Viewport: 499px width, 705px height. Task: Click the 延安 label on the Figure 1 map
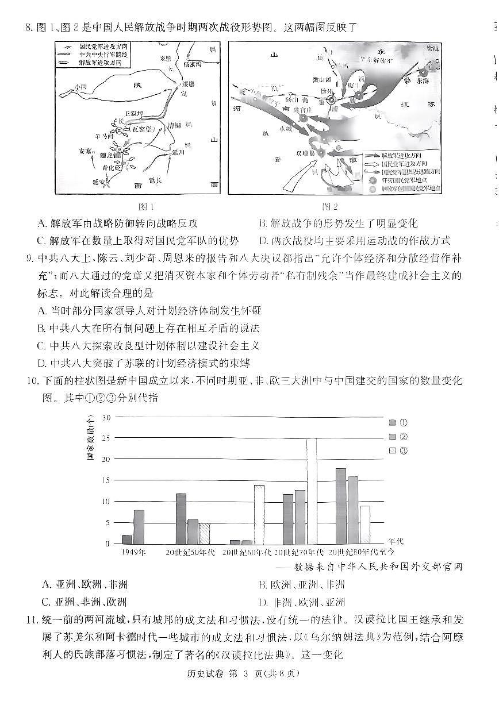click(x=98, y=182)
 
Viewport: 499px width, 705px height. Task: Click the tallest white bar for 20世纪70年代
click(x=311, y=491)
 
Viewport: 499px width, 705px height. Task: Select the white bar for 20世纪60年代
click(x=259, y=514)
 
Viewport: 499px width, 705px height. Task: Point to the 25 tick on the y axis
click(x=105, y=438)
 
